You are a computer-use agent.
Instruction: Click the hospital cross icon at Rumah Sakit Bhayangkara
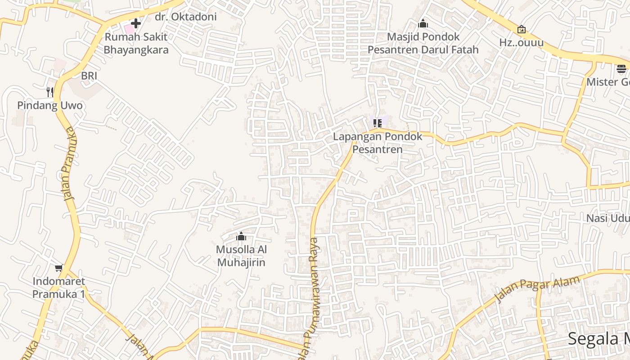pos(136,23)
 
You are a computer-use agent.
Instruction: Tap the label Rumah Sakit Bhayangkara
pos(136,43)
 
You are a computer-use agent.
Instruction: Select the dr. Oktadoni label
pos(185,17)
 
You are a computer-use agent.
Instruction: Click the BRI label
pos(89,76)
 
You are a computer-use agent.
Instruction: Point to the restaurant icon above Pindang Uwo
pos(50,92)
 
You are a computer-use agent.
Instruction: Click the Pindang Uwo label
pos(50,106)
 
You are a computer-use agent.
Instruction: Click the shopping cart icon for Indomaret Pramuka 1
pos(58,268)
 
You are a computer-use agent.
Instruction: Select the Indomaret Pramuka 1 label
pos(58,288)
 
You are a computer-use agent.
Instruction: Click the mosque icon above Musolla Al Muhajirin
pos(241,236)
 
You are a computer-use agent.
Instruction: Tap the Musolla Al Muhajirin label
pos(241,256)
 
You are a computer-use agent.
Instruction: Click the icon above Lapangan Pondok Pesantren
pos(378,123)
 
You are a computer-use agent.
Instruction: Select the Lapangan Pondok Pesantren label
pos(378,143)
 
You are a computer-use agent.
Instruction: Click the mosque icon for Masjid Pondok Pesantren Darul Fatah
pos(423,23)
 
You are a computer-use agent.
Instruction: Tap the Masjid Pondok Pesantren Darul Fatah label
pos(423,43)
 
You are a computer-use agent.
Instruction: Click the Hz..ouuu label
pos(522,43)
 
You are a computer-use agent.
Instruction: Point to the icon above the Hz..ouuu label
pos(522,30)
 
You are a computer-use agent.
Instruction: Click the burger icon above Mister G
pos(621,69)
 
